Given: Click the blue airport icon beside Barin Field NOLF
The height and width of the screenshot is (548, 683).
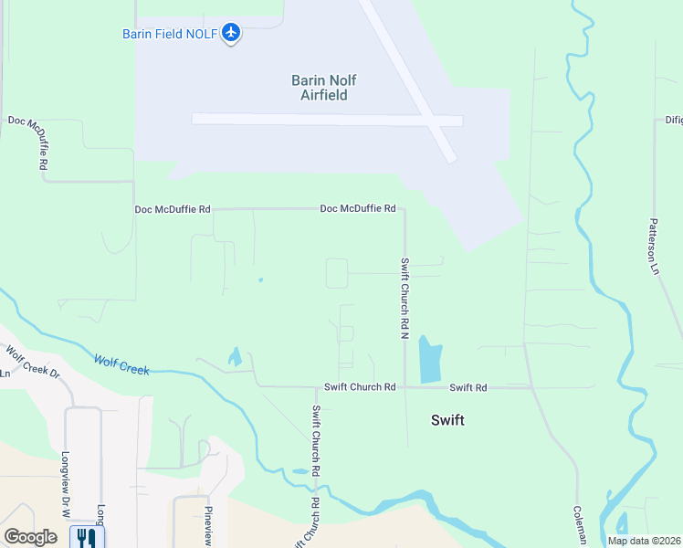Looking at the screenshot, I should [x=231, y=33].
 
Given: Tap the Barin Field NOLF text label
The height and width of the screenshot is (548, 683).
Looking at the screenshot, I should [x=171, y=34].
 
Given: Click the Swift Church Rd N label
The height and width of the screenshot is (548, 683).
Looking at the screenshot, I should [x=404, y=296].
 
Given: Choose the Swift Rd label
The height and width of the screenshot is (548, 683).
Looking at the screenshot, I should [x=468, y=388].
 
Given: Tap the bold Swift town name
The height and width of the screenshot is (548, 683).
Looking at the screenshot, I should [x=447, y=420].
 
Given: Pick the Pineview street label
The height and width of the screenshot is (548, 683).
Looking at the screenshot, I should [x=208, y=526].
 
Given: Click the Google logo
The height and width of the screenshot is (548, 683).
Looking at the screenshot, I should [x=30, y=537].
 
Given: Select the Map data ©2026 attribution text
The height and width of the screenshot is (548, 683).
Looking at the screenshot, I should [x=644, y=541].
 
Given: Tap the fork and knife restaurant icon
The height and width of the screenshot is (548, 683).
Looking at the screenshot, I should [x=86, y=537].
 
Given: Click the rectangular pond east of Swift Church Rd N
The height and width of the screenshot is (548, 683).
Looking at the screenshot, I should [x=429, y=359].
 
